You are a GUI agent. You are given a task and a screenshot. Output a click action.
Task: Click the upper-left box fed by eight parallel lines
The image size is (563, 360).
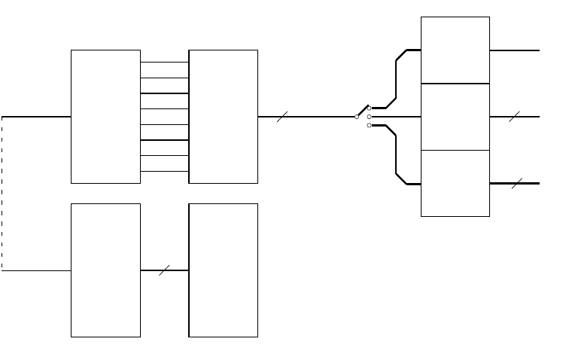pos(105,117)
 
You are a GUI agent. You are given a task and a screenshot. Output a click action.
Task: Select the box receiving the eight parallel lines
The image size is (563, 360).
pos(223,117)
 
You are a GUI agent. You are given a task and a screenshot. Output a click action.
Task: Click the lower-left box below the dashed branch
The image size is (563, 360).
pos(105,270)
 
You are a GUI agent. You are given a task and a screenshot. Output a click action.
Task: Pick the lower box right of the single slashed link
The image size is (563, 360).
pos(223,270)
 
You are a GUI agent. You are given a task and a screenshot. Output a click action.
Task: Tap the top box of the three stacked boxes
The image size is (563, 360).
pos(455,50)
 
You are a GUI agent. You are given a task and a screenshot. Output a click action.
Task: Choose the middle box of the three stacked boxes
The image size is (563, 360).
pos(455,117)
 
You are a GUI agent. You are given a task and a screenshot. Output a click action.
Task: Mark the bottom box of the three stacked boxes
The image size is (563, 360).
pos(455,183)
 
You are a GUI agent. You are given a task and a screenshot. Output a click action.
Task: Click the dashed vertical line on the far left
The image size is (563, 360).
pos(2,194)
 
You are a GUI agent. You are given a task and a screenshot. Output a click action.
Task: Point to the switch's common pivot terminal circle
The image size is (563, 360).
pos(357,117)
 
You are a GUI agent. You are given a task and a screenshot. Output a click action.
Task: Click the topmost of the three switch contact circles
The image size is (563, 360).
pos(369,108)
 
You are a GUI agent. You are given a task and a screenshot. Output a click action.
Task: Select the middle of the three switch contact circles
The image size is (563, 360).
pos(369,117)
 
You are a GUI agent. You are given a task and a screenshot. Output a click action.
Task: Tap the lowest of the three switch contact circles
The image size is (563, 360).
pos(369,125)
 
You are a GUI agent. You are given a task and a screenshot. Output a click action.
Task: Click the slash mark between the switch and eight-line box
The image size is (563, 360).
pos(282,117)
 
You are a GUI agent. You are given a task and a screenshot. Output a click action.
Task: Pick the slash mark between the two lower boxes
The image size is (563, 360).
pos(164,270)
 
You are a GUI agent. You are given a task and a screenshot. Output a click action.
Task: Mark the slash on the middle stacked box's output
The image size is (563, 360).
pos(515,117)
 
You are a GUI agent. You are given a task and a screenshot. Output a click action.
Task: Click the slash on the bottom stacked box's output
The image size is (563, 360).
pos(517,183)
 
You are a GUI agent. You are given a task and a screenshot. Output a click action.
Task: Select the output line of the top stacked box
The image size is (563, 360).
pos(515,50)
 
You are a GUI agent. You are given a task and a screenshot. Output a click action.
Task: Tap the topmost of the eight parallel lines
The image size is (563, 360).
pos(164,62)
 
